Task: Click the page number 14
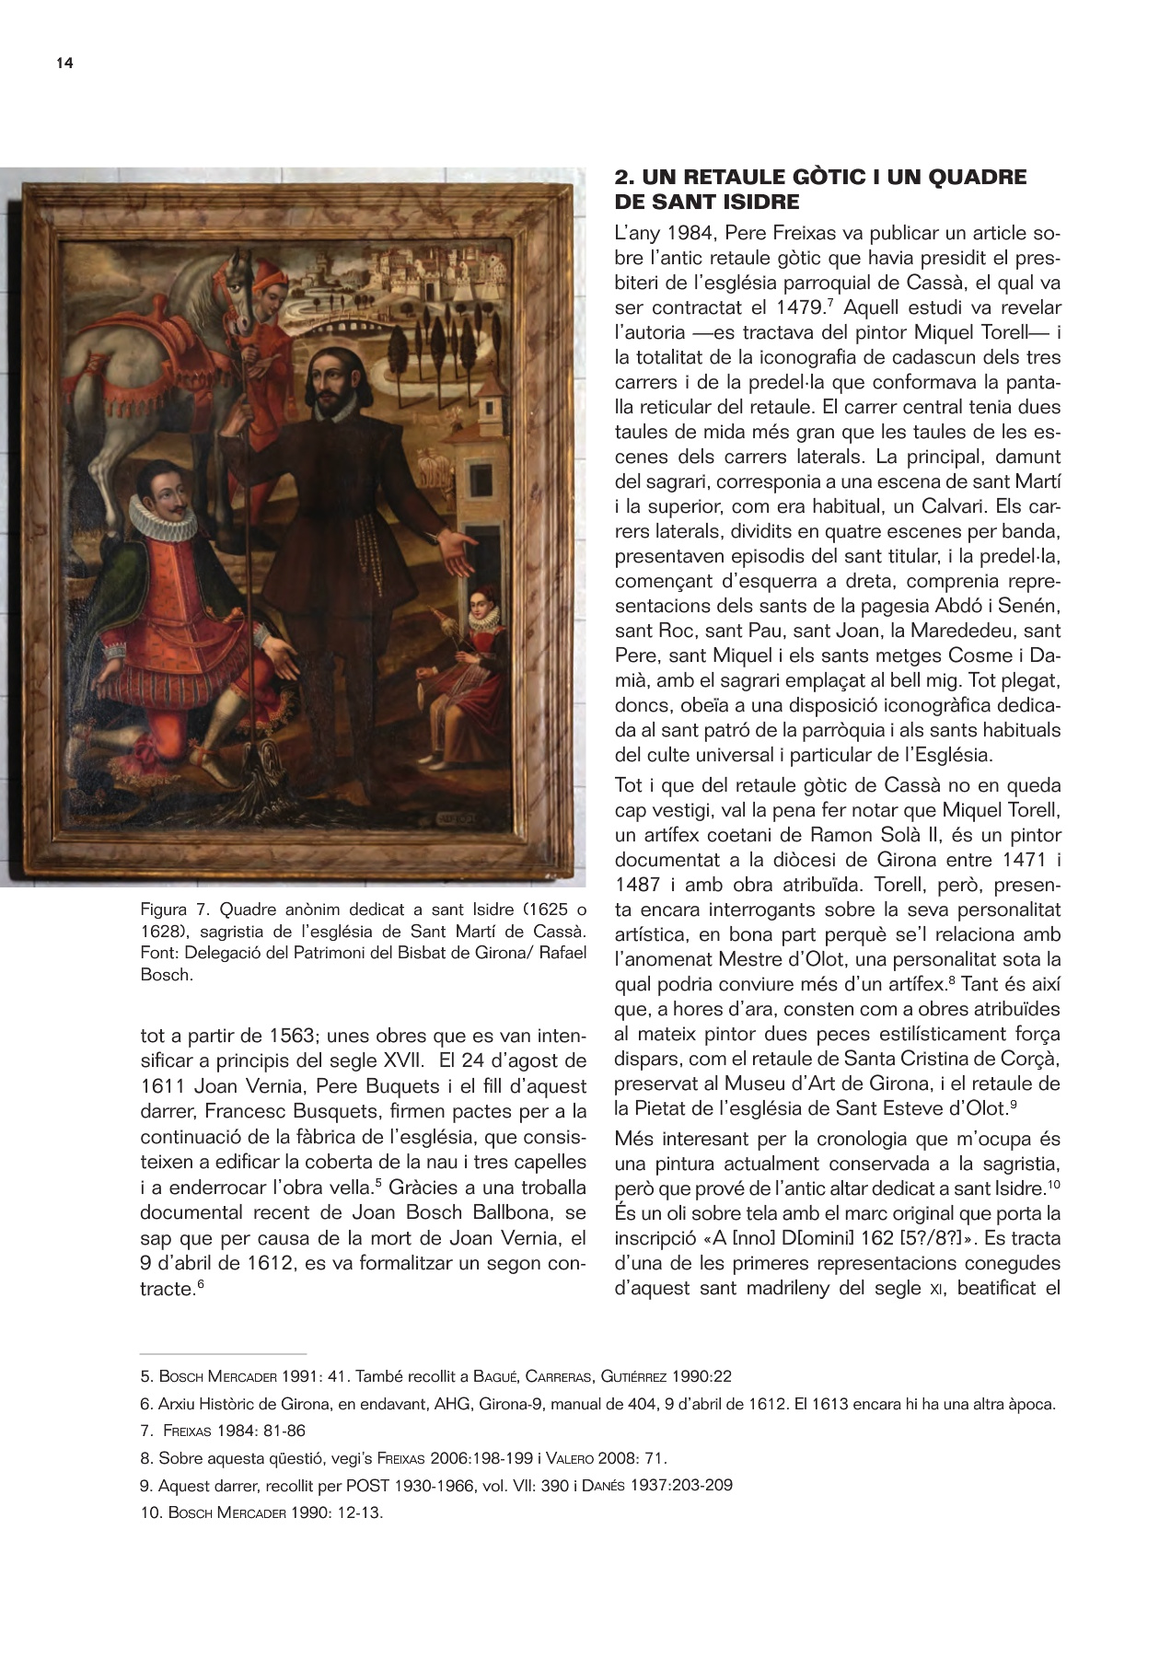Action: [x=64, y=63]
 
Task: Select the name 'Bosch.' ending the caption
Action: [x=167, y=975]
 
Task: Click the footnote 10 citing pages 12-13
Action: [x=261, y=1512]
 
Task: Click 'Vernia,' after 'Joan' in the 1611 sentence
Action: [x=275, y=1085]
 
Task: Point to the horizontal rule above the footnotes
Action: [x=223, y=1354]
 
